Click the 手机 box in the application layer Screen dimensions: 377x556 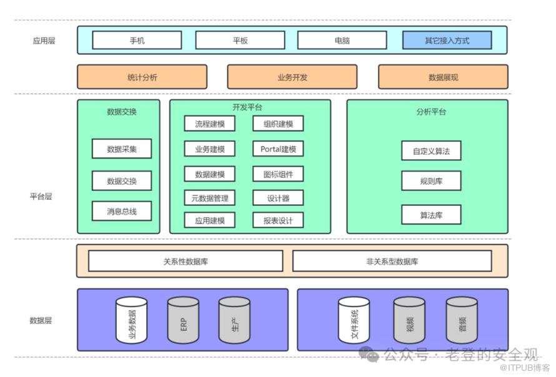click(137, 41)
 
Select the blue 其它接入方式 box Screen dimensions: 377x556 click(447, 41)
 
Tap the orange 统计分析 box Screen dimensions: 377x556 click(142, 77)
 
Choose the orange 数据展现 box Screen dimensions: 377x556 click(443, 77)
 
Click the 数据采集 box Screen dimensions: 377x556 click(121, 149)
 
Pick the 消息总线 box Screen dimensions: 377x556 click(121, 211)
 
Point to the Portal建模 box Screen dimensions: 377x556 click(278, 149)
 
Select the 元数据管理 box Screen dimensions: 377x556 click(209, 198)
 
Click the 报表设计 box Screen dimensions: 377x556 click(278, 220)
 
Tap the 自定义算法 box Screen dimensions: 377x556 click(431, 150)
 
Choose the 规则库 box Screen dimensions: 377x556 click(431, 181)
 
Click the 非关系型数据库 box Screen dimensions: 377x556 click(392, 261)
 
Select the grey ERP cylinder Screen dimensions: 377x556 click(183, 320)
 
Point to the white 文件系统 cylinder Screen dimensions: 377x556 click(354, 320)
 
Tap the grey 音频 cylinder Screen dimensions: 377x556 click(462, 320)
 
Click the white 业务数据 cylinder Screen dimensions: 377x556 click(132, 320)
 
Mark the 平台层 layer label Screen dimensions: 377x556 click(41, 196)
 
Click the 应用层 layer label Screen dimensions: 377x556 click(44, 41)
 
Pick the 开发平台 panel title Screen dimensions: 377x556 click(247, 108)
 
